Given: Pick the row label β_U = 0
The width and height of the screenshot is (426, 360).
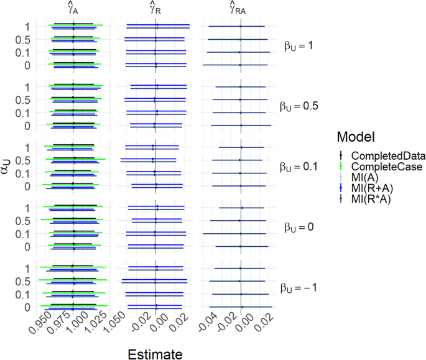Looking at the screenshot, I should [300, 228].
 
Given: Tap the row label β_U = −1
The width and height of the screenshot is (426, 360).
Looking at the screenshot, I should [302, 288].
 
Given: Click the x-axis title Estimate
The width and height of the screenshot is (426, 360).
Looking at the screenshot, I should [155, 354].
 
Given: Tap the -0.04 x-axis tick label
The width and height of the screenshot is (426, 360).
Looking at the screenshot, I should [208, 325].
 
